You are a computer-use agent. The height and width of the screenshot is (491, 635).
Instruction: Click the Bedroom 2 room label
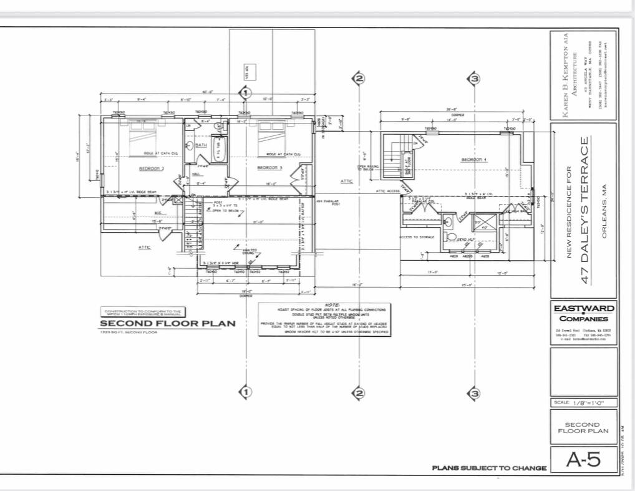point(151,168)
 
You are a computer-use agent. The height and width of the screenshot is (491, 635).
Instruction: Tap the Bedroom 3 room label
point(270,168)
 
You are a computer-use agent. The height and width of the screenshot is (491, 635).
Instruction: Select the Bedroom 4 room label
point(474,160)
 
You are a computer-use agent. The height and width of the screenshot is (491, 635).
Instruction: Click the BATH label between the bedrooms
point(201,145)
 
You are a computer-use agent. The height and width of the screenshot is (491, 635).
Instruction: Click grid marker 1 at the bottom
point(246,392)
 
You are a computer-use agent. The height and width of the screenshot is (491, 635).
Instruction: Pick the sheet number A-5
point(583,460)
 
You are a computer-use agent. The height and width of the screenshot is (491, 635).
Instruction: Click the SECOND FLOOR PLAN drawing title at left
point(168,323)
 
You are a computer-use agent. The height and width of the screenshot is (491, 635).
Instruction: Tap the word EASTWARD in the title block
point(583,308)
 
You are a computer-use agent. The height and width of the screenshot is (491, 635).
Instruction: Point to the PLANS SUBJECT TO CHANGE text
point(489,468)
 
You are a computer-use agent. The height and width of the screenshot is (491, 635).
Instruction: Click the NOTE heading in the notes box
point(324,304)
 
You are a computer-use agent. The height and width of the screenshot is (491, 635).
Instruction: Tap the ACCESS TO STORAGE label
point(417,237)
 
